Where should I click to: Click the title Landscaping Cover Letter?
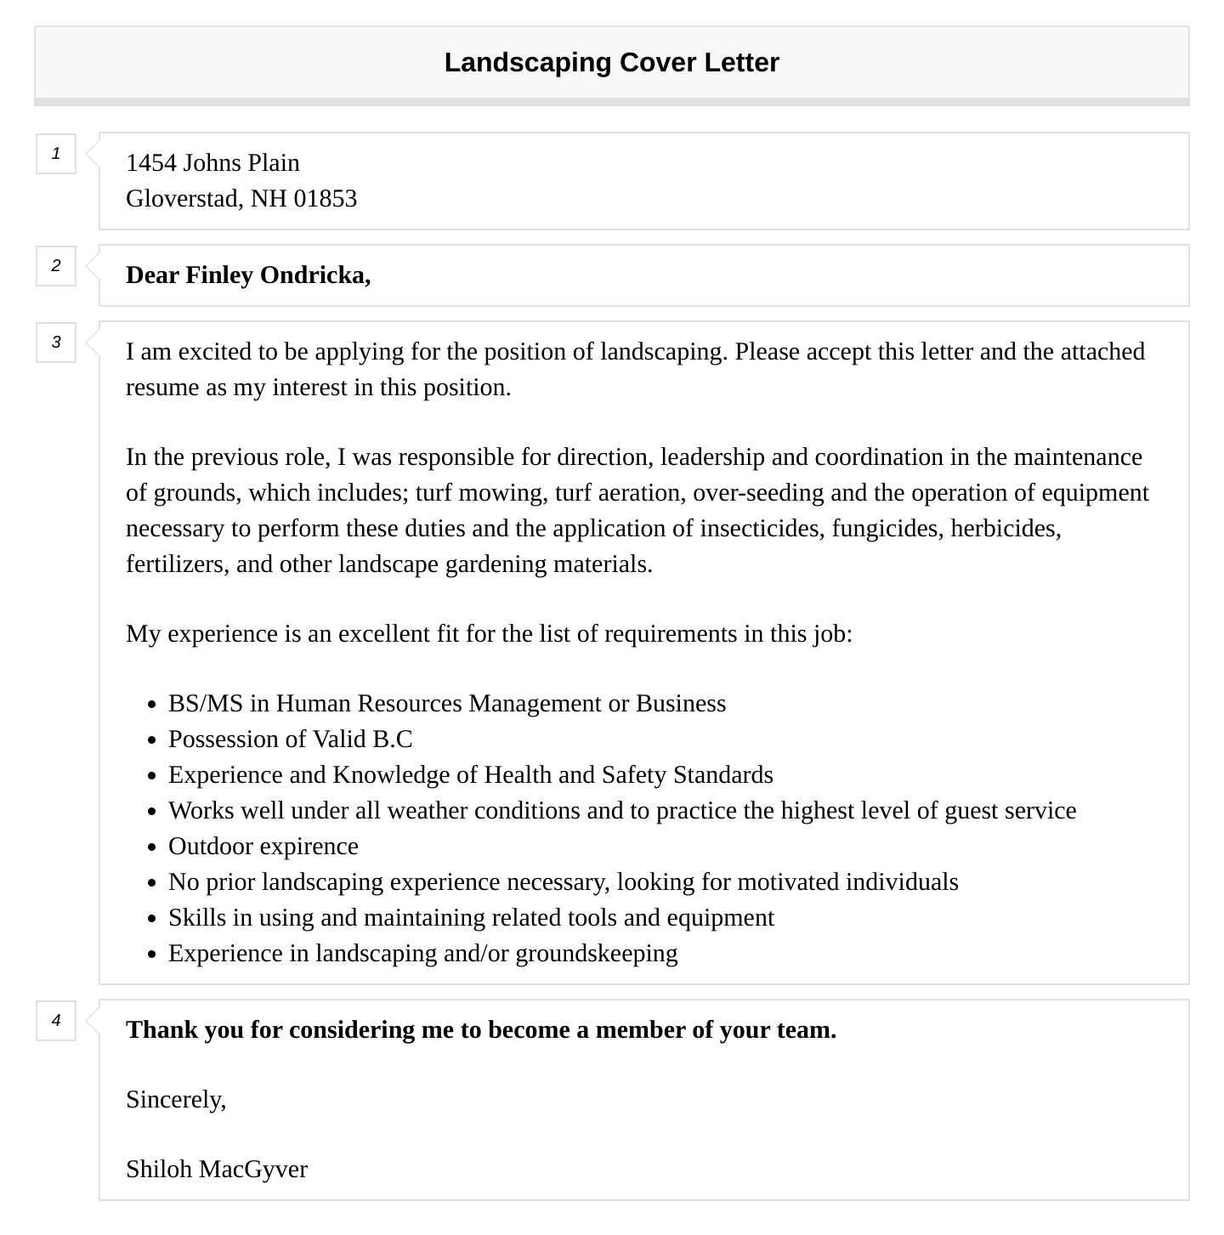pos(611,63)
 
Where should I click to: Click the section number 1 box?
pos(56,154)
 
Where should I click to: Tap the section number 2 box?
pos(56,266)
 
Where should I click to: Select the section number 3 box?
pos(56,343)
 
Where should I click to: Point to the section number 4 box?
pos(56,1021)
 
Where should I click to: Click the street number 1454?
pos(151,163)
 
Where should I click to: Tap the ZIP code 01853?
pos(325,199)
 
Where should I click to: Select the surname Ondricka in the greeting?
pos(314,275)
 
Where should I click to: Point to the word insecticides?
pos(761,529)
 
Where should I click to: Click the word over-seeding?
pos(758,493)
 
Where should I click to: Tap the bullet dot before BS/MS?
pos(151,705)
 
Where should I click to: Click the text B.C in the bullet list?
pos(393,739)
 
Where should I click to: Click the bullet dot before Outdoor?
pos(151,848)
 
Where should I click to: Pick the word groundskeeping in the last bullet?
pos(597,954)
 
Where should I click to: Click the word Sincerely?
pos(175,1100)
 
